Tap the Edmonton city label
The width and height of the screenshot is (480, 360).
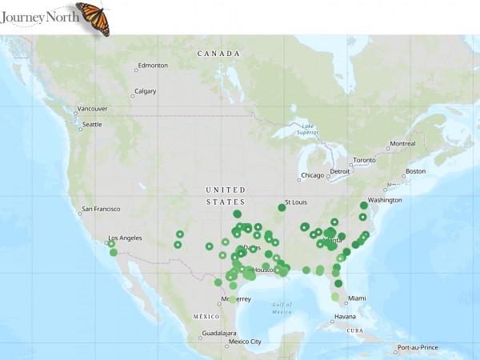click(152, 65)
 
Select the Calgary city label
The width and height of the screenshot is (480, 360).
click(145, 91)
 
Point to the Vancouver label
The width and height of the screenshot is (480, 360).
click(91, 109)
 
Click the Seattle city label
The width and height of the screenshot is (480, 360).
click(92, 124)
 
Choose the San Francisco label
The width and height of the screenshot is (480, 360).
click(100, 210)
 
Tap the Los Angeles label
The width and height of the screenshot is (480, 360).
click(125, 238)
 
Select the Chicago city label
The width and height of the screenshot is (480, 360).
click(313, 175)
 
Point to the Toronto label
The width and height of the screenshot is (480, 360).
click(364, 160)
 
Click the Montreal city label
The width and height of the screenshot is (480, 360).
click(402, 144)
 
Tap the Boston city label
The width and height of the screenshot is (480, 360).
click(415, 171)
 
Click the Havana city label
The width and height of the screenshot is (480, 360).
click(346, 316)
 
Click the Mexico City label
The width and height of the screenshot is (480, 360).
click(245, 342)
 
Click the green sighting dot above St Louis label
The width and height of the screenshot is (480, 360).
click(282, 207)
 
